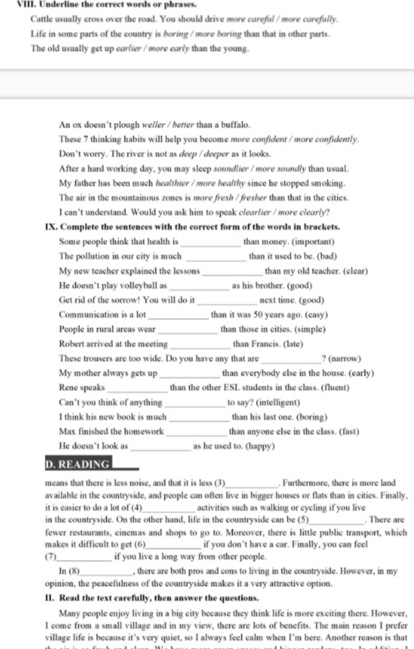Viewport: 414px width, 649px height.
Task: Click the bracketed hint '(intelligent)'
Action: [278, 402]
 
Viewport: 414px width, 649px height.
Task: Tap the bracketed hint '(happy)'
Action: [260, 446]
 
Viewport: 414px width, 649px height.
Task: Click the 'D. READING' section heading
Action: [78, 464]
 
